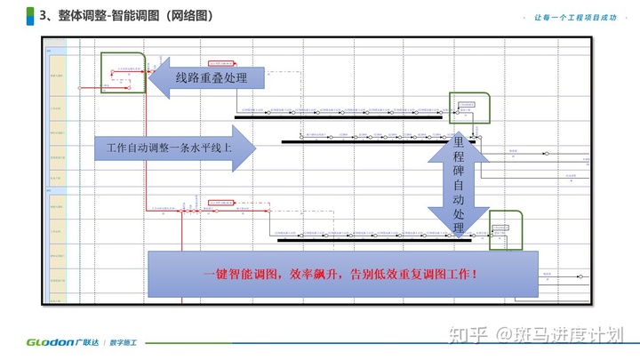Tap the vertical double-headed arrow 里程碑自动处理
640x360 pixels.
[458, 186]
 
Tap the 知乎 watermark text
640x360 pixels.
[469, 334]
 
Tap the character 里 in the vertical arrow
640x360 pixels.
[459, 142]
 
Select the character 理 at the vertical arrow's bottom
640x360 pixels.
[459, 229]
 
